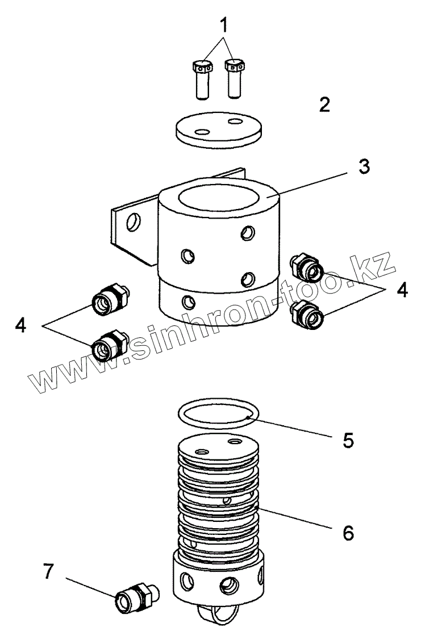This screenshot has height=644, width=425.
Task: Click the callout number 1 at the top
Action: click(224, 25)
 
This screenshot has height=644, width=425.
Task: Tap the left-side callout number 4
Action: click(21, 325)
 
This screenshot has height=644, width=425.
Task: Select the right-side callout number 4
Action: click(402, 290)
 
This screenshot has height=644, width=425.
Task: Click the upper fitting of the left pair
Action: click(109, 297)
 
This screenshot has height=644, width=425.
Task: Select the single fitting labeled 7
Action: click(135, 599)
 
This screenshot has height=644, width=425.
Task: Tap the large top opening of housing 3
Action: click(219, 199)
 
